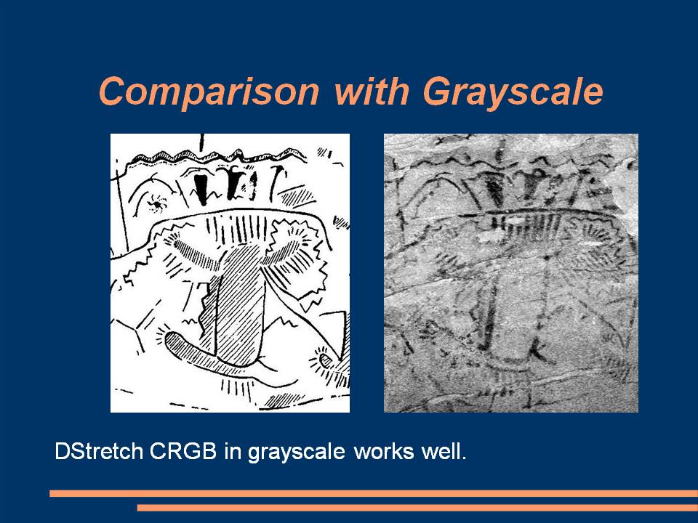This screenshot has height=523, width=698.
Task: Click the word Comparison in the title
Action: point(209,92)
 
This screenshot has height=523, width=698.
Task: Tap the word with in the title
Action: point(372,92)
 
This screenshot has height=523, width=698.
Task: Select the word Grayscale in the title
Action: point(513,92)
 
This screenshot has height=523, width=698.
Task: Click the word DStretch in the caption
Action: point(99,451)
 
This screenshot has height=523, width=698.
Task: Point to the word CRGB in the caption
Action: point(183,451)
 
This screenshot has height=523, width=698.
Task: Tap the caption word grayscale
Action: point(296,453)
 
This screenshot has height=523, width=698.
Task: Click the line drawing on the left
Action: point(230,273)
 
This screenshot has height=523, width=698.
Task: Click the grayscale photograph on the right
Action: point(511,273)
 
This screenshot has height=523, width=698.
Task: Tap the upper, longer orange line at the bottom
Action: point(374,494)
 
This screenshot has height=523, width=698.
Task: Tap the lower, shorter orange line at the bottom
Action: point(417,508)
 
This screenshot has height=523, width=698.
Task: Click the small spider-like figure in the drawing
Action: point(157,203)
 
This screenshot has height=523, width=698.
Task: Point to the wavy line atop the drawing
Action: point(218,157)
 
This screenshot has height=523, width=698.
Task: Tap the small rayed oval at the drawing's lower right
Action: point(326,361)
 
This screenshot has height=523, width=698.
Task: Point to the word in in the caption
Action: point(233,451)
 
